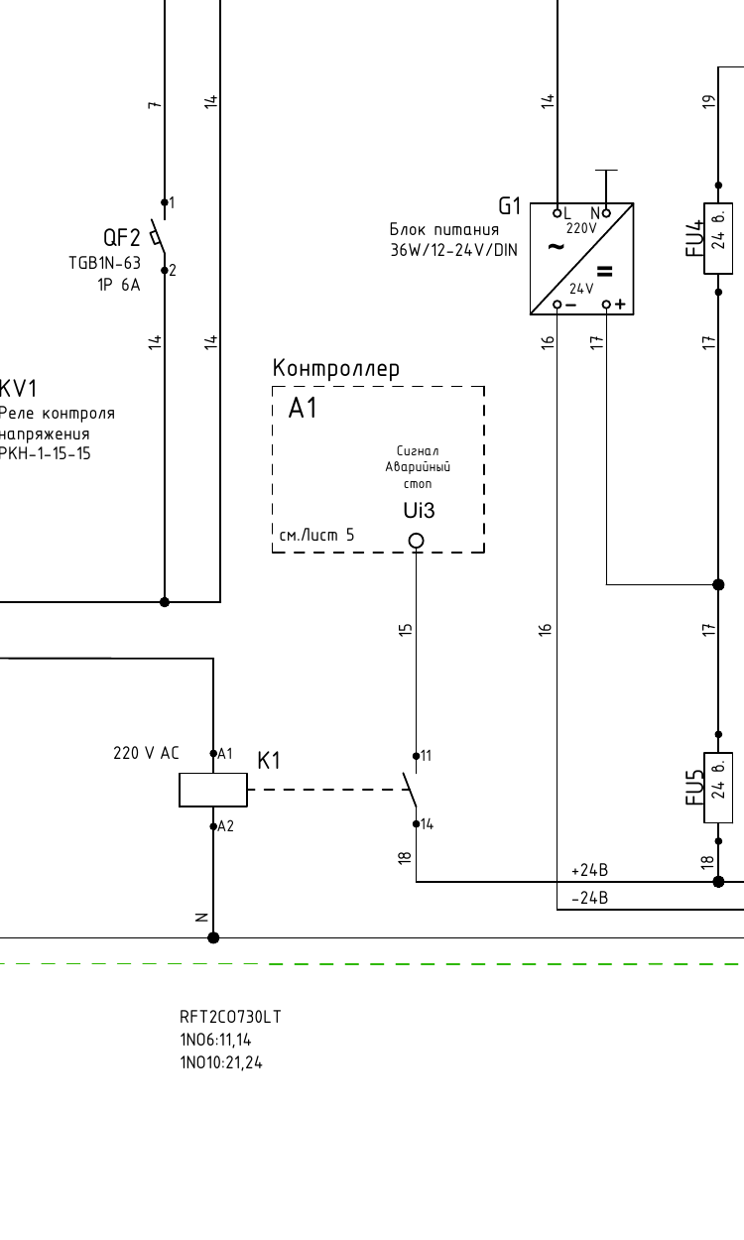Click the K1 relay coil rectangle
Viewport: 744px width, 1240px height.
tap(213, 790)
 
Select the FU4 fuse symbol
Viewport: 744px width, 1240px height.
tap(718, 239)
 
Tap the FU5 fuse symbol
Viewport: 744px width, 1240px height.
tap(718, 788)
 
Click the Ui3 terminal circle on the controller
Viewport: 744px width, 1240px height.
tap(417, 541)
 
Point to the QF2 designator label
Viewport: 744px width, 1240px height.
tap(122, 237)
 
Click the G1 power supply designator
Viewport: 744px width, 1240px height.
tap(509, 206)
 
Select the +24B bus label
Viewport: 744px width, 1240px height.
tap(589, 870)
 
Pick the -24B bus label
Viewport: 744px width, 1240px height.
tap(589, 898)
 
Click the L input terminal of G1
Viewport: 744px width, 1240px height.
tap(558, 213)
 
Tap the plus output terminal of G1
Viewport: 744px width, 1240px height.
tap(607, 305)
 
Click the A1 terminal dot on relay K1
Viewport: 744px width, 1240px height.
tap(213, 753)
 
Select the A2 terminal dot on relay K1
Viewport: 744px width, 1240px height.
tap(213, 826)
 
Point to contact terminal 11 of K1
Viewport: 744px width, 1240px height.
tap(417, 756)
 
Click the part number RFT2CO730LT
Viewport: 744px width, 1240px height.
tap(230, 1017)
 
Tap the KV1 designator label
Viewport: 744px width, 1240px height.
tap(18, 389)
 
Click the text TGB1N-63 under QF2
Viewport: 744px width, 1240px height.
tap(104, 263)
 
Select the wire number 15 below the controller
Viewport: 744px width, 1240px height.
tap(406, 629)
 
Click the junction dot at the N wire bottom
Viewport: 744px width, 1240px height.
tap(213, 937)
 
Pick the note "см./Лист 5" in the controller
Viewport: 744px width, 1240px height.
tap(316, 535)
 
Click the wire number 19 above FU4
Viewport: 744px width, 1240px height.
tap(708, 102)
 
